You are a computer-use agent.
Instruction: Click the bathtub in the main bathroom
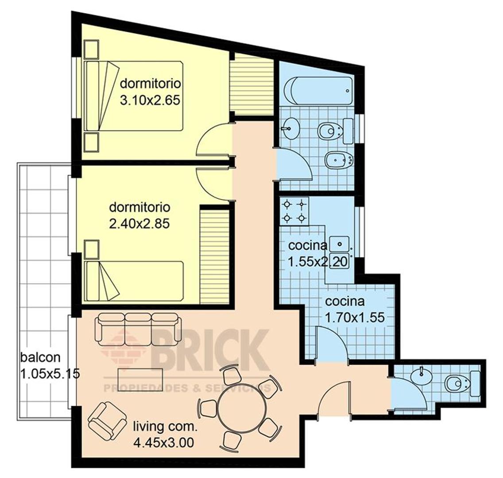pos(318,90)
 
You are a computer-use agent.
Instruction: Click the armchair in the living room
pos(107,420)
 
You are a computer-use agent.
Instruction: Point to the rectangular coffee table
pos(140,378)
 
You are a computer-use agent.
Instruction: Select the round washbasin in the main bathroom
pos(290,128)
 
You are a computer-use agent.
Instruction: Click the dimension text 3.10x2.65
pos(150,100)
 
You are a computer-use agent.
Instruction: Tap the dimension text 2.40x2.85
pos(139,224)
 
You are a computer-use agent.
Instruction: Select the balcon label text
pos(40,357)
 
